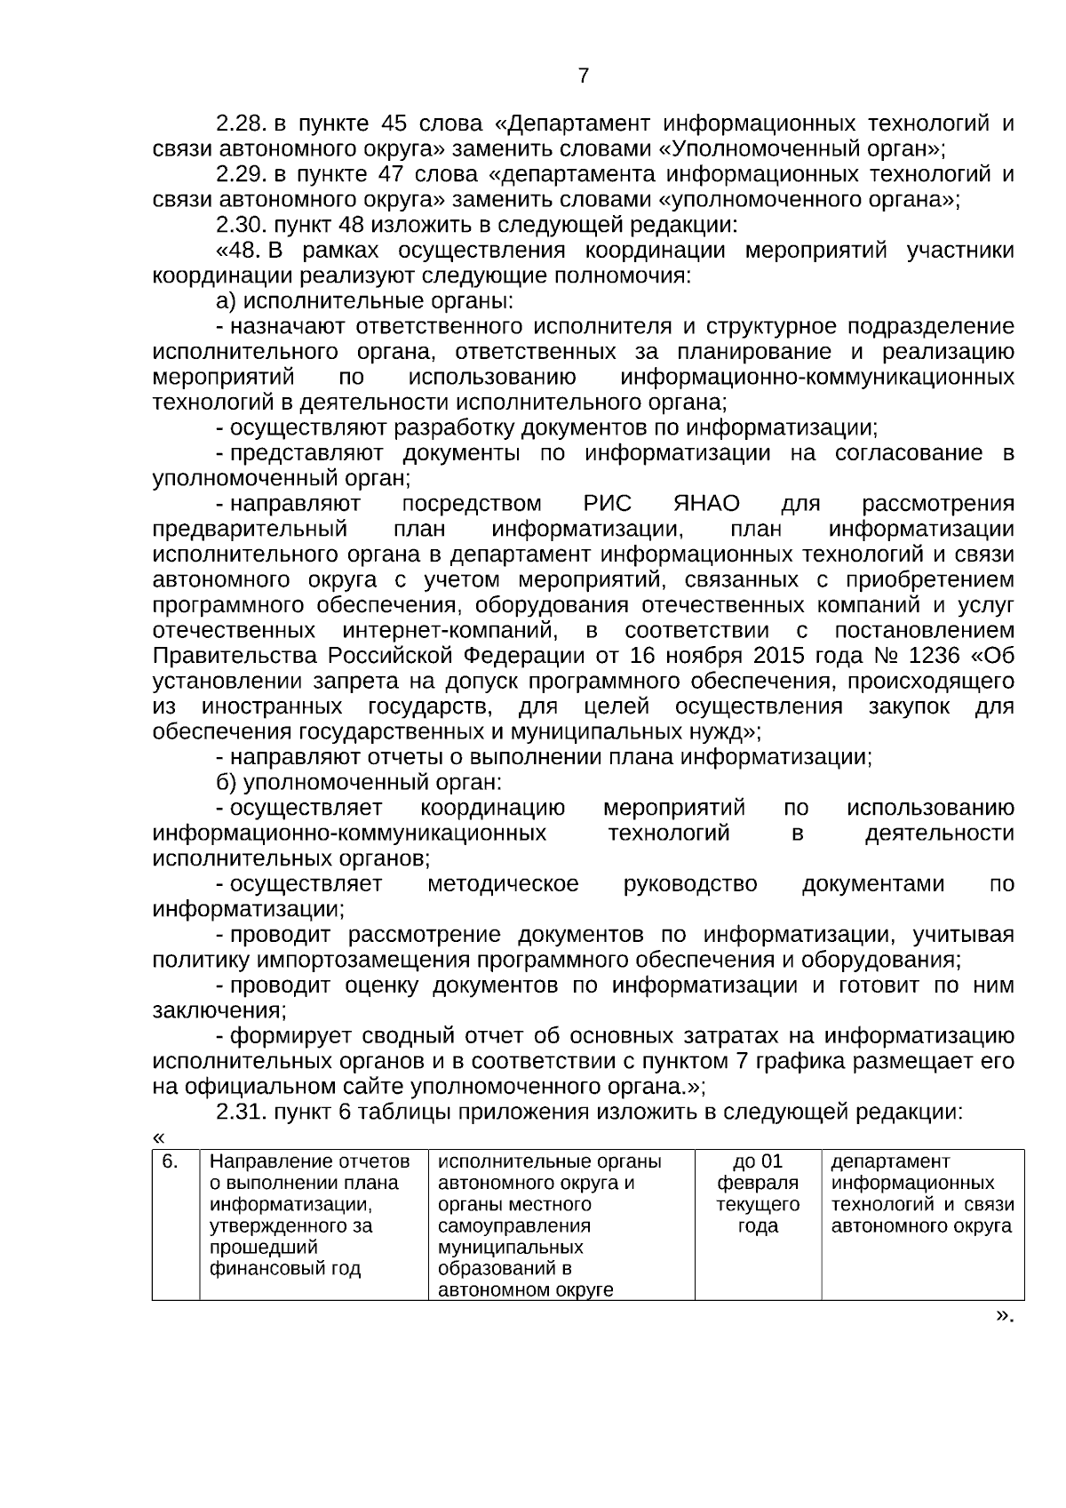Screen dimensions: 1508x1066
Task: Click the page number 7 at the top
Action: click(583, 76)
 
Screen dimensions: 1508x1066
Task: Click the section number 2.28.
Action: click(243, 123)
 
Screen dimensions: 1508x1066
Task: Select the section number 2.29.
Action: click(243, 173)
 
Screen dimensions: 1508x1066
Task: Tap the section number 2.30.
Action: click(243, 224)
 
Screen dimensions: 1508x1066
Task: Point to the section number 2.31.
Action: click(243, 1112)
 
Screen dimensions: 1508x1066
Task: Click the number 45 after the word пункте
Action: click(393, 123)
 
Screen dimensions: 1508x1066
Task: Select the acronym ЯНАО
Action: click(707, 504)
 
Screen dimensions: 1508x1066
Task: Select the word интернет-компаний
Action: click(449, 631)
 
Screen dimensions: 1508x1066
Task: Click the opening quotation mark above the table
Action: click(158, 1138)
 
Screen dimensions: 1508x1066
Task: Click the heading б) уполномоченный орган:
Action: click(360, 783)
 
